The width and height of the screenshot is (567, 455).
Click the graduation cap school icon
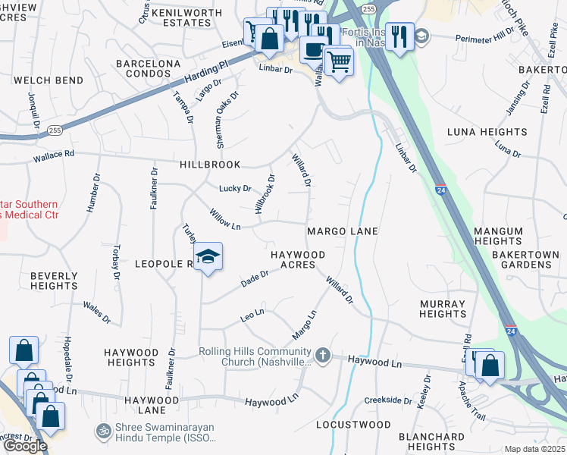[x=207, y=258]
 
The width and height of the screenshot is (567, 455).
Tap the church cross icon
[x=323, y=355]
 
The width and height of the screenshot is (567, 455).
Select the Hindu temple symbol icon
[x=104, y=431]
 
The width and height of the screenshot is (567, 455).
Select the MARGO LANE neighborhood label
[x=342, y=231]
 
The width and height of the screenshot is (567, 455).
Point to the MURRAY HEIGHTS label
[x=442, y=309]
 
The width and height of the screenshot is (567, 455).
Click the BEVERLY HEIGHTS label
[x=54, y=281]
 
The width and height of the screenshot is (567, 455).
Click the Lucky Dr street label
[x=235, y=188]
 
